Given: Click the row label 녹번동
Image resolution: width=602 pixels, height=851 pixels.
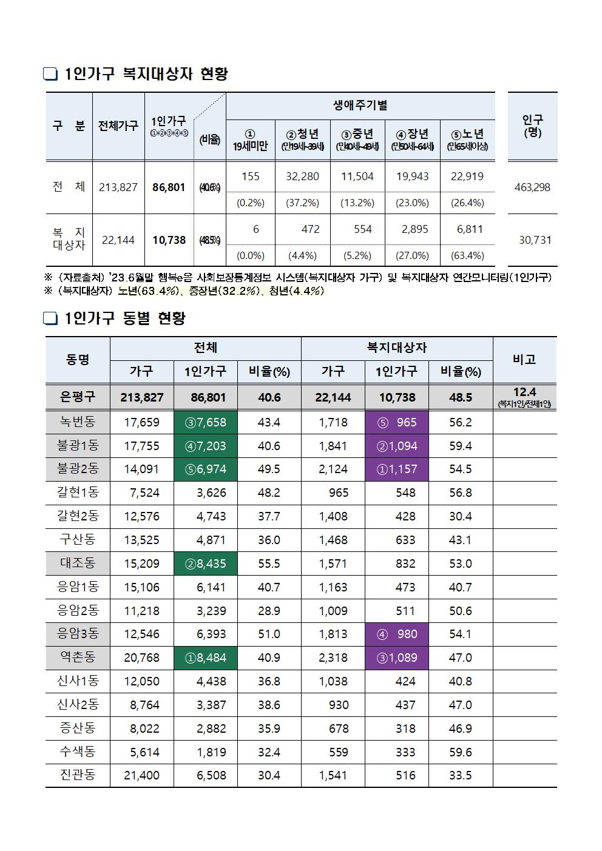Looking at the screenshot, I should pyautogui.click(x=78, y=422).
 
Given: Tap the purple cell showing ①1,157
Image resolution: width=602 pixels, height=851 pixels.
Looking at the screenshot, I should pyautogui.click(x=397, y=469).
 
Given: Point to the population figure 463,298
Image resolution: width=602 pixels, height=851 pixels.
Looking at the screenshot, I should pyautogui.click(x=532, y=187).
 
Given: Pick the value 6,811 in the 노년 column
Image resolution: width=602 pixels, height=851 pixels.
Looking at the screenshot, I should pyautogui.click(x=467, y=229).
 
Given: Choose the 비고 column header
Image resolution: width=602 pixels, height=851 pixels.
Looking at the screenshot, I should pyautogui.click(x=524, y=359).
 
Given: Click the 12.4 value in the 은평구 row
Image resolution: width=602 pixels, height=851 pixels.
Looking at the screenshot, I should pyautogui.click(x=524, y=392).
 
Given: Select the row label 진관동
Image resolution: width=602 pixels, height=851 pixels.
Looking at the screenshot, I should pyautogui.click(x=78, y=775).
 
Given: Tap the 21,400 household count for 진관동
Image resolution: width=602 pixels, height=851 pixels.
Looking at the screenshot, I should pyautogui.click(x=141, y=775).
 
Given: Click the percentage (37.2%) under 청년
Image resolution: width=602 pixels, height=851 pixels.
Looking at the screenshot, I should pyautogui.click(x=302, y=203).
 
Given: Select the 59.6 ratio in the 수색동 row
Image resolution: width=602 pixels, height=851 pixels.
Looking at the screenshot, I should pyautogui.click(x=460, y=752).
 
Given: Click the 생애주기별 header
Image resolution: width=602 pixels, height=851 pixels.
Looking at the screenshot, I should pyautogui.click(x=360, y=106).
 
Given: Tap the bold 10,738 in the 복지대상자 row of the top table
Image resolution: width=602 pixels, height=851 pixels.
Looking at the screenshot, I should pyautogui.click(x=169, y=240).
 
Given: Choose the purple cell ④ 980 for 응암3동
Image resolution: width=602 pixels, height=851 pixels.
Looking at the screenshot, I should pyautogui.click(x=397, y=634).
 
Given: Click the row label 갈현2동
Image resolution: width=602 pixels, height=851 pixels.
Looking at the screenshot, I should pyautogui.click(x=78, y=516).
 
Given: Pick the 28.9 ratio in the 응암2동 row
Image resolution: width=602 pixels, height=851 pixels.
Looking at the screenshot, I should pyautogui.click(x=269, y=611).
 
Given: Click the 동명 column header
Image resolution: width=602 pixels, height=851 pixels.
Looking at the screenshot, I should pyautogui.click(x=78, y=359).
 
